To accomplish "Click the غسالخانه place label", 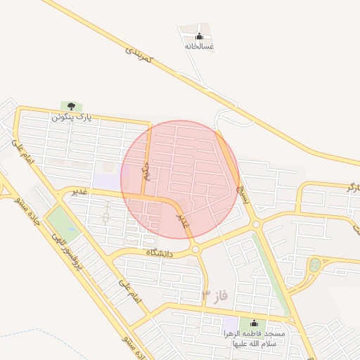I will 199,46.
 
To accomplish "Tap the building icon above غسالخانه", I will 199,37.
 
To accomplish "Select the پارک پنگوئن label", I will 72,116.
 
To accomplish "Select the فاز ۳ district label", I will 214,294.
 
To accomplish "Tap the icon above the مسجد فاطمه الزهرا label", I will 253,323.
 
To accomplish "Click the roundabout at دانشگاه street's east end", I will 195,249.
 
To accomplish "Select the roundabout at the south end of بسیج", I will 256,224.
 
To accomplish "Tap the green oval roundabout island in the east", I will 314,266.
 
